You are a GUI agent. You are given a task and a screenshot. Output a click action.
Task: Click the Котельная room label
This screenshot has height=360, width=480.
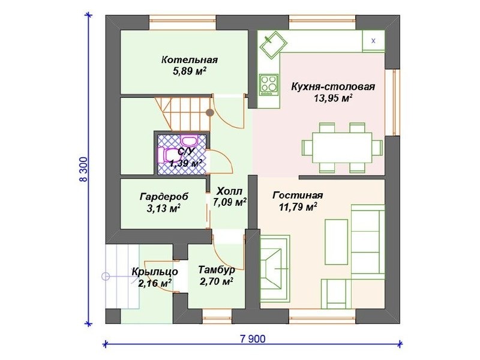[190, 59]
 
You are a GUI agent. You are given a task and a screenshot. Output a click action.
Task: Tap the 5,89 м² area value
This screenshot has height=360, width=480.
[190, 71]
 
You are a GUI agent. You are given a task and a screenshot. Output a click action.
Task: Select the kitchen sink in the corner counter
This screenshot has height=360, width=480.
[273, 44]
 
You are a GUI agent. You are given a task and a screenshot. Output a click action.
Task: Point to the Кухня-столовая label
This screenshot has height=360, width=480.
[333, 86]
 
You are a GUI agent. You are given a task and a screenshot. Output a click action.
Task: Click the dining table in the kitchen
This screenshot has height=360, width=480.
[342, 148]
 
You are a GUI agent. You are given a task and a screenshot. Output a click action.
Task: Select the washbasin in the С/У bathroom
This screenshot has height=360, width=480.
[189, 140]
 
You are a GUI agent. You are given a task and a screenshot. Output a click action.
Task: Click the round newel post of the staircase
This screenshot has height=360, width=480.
[209, 113]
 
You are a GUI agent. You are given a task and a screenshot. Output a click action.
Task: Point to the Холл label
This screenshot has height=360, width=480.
[230, 191]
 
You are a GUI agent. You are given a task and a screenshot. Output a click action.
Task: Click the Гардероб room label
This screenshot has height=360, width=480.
[164, 197]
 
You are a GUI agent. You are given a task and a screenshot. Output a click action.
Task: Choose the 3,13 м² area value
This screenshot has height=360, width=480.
[163, 208]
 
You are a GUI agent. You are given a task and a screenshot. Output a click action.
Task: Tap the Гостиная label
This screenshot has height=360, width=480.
[298, 195]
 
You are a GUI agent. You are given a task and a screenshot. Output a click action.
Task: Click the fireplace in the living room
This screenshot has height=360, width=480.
[275, 268]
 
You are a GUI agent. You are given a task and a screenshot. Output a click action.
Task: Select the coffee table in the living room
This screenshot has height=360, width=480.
[336, 242]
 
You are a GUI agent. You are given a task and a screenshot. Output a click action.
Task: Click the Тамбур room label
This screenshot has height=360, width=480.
[217, 269]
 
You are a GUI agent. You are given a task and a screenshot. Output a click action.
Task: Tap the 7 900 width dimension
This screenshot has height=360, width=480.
[253, 339]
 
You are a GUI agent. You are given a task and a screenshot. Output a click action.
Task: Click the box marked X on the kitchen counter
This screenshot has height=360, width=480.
[373, 41]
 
